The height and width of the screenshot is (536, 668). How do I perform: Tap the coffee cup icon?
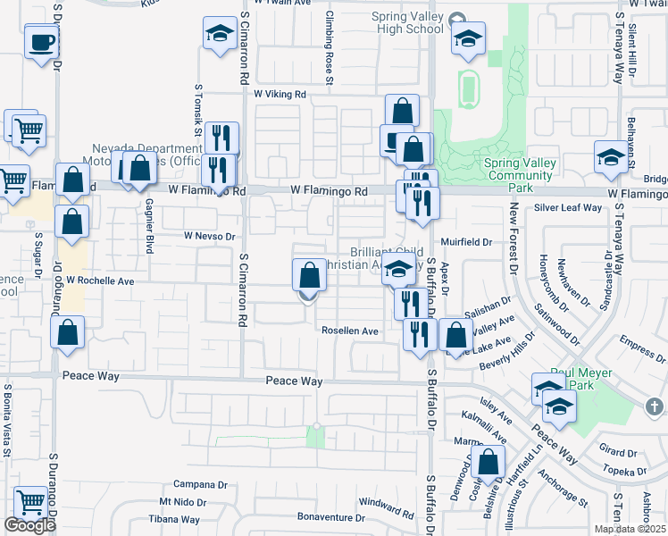[42, 42]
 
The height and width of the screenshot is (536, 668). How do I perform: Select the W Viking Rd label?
[280, 93]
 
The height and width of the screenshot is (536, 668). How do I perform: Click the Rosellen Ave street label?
[351, 331]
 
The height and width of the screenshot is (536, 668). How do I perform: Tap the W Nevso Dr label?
[208, 237]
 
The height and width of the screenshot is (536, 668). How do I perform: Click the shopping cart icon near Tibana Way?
[31, 504]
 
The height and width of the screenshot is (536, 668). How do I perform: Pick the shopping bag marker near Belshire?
[488, 463]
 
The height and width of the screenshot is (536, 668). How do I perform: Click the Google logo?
[29, 526]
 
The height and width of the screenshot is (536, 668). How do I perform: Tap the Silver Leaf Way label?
[568, 208]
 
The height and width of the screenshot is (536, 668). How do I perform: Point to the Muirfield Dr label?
[470, 242]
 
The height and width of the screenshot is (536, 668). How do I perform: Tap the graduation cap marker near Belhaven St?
[610, 157]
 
